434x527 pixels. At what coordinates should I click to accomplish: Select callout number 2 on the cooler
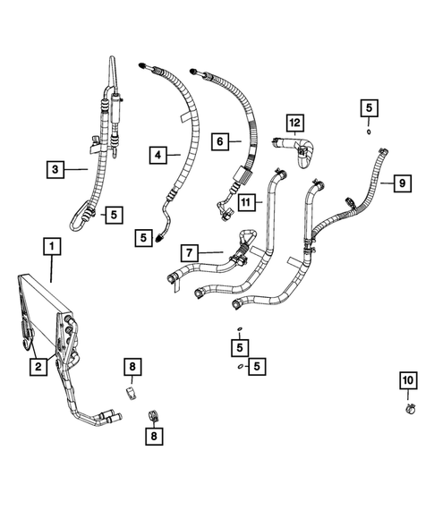click(38, 366)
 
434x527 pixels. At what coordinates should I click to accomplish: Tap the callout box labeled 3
click(56, 167)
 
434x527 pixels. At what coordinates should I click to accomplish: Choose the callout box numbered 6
click(218, 140)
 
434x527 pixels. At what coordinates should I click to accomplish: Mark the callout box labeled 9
click(404, 183)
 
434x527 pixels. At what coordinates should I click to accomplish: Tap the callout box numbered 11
click(248, 203)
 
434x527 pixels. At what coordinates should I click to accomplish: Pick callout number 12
click(295, 122)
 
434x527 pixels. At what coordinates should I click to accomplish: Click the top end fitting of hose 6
click(194, 69)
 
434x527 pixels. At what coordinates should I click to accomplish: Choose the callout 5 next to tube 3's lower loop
click(113, 213)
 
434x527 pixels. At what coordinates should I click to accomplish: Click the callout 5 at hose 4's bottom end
click(145, 237)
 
